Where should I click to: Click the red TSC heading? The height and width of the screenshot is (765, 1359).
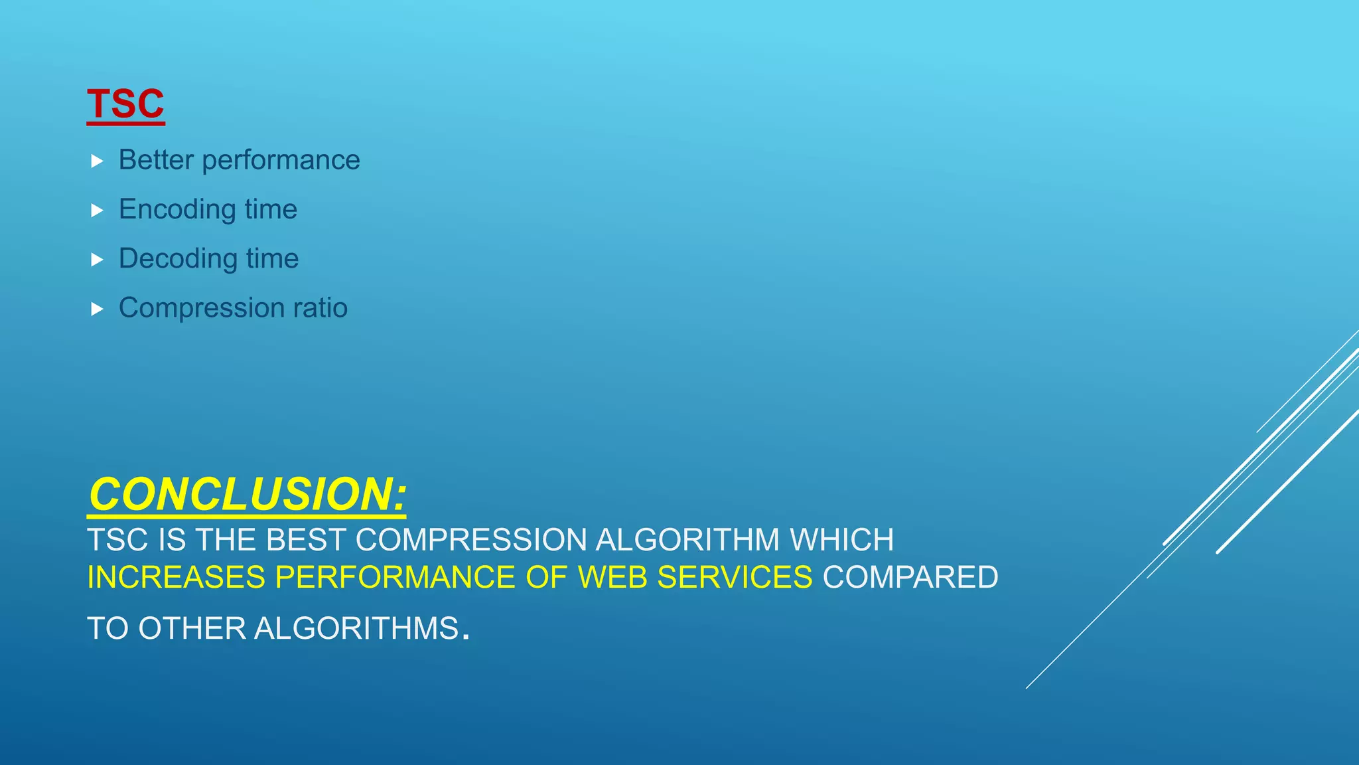point(125,104)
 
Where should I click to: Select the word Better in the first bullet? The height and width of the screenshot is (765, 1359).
point(156,160)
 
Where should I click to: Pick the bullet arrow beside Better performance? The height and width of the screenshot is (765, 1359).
point(97,161)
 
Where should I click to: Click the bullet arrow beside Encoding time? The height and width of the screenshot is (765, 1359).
point(97,211)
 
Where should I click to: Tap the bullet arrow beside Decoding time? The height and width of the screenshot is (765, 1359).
point(97,260)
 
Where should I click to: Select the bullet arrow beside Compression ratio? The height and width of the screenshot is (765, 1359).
point(97,309)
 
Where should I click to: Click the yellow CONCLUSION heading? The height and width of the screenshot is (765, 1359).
point(247,495)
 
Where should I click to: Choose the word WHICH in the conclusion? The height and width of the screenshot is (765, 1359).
point(841,540)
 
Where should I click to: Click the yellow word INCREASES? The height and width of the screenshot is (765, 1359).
point(177,578)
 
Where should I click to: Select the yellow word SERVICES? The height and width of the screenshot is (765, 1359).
point(735,578)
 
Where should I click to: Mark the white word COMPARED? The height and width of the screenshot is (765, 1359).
point(910,578)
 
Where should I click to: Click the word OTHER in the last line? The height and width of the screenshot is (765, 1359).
point(192,629)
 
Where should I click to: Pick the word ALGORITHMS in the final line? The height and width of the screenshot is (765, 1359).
point(356,629)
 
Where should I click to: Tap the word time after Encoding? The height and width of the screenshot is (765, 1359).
point(271,210)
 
